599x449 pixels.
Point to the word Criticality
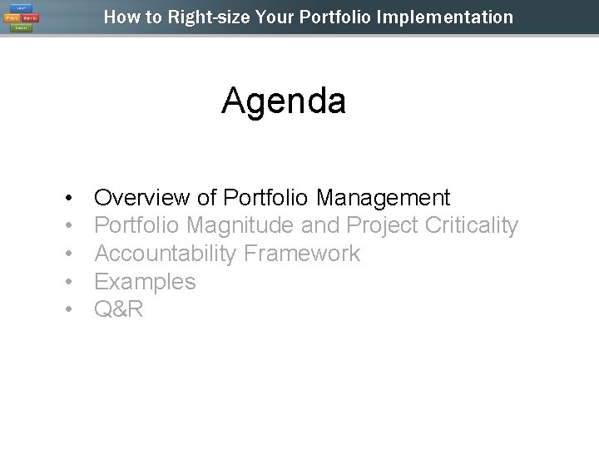click(x=471, y=225)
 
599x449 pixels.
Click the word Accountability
click(x=166, y=254)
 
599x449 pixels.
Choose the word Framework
click(x=303, y=254)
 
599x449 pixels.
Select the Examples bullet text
click(x=145, y=282)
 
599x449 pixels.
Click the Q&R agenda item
click(x=119, y=310)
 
